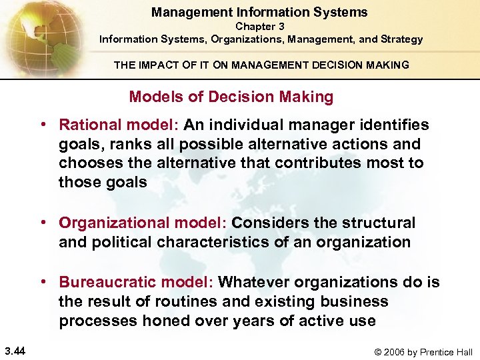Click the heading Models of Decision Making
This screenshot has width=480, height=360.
tap(231, 97)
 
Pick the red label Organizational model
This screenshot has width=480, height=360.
tap(143, 223)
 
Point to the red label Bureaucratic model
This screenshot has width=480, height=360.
tap(135, 282)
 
